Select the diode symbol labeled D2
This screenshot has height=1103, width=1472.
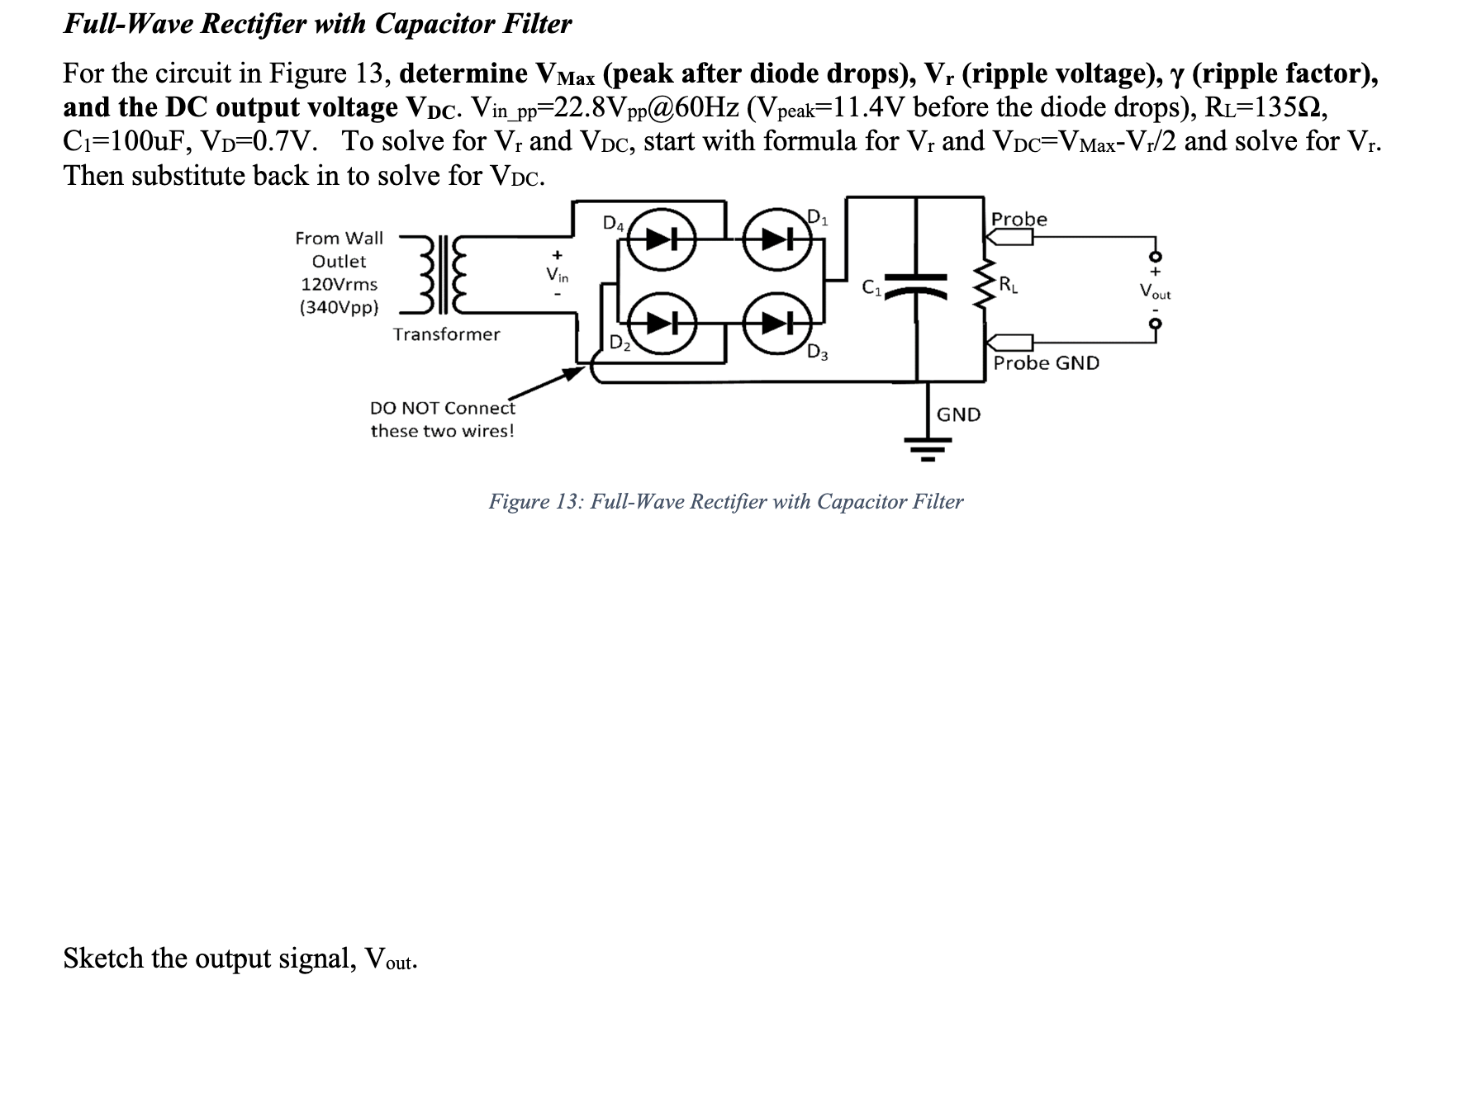click(x=661, y=322)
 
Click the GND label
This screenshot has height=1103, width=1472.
click(x=958, y=414)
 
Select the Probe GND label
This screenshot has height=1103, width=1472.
click(x=1046, y=363)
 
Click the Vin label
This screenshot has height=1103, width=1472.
click(x=558, y=273)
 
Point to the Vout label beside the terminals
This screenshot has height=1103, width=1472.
click(x=1154, y=291)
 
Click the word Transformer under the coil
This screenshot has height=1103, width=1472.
click(x=446, y=334)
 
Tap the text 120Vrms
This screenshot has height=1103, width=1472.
click(x=339, y=285)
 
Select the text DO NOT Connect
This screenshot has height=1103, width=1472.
click(x=442, y=408)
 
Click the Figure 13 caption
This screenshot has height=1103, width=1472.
click(x=725, y=502)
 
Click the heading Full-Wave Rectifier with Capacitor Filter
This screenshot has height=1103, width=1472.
click(x=317, y=24)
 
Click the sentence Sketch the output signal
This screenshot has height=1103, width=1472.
click(x=240, y=959)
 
